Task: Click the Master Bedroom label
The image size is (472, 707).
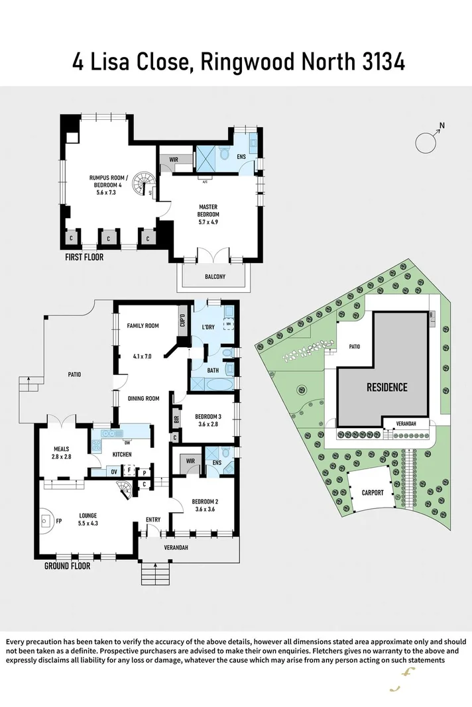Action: click(208, 210)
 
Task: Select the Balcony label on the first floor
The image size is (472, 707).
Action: click(214, 277)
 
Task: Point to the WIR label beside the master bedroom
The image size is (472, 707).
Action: click(174, 160)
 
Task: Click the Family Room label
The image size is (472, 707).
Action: click(143, 325)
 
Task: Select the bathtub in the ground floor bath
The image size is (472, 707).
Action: click(212, 384)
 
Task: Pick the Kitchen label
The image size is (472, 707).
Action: click(122, 454)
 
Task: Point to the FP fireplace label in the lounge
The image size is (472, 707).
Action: click(59, 521)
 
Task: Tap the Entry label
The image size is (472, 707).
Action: click(153, 519)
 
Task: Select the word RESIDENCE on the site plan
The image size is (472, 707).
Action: click(387, 387)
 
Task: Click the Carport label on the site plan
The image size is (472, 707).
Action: click(372, 493)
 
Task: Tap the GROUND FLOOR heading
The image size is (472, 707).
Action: click(67, 567)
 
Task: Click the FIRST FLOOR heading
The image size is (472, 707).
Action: click(84, 257)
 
